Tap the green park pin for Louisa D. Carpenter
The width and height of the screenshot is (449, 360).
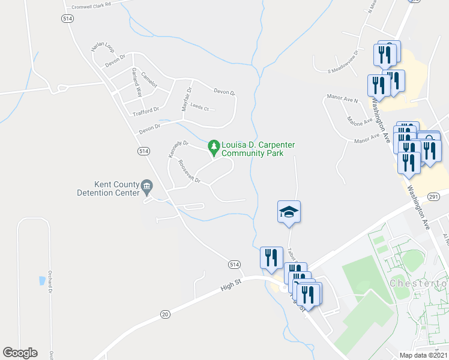point(213,146)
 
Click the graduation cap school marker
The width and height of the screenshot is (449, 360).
point(289,212)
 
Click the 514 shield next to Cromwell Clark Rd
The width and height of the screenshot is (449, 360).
point(67,19)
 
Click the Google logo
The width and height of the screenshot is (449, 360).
point(20,353)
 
